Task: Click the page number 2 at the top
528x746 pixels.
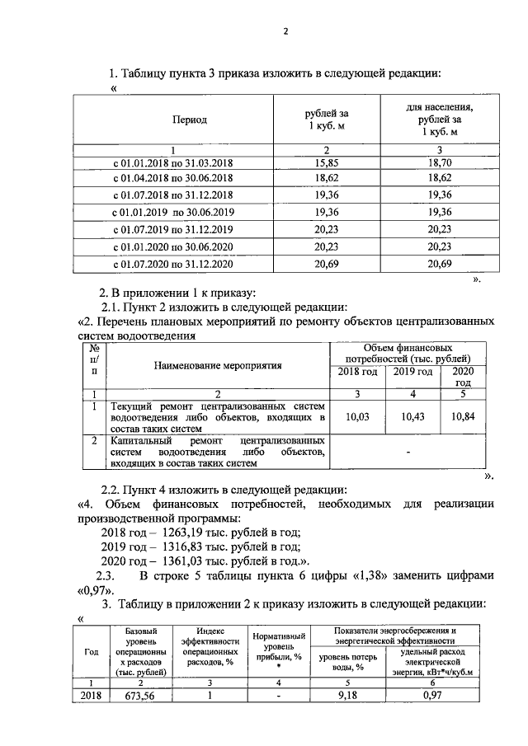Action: [285, 32]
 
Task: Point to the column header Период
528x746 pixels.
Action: [189, 120]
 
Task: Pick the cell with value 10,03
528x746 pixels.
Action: [356, 418]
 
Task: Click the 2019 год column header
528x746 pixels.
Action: [412, 372]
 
